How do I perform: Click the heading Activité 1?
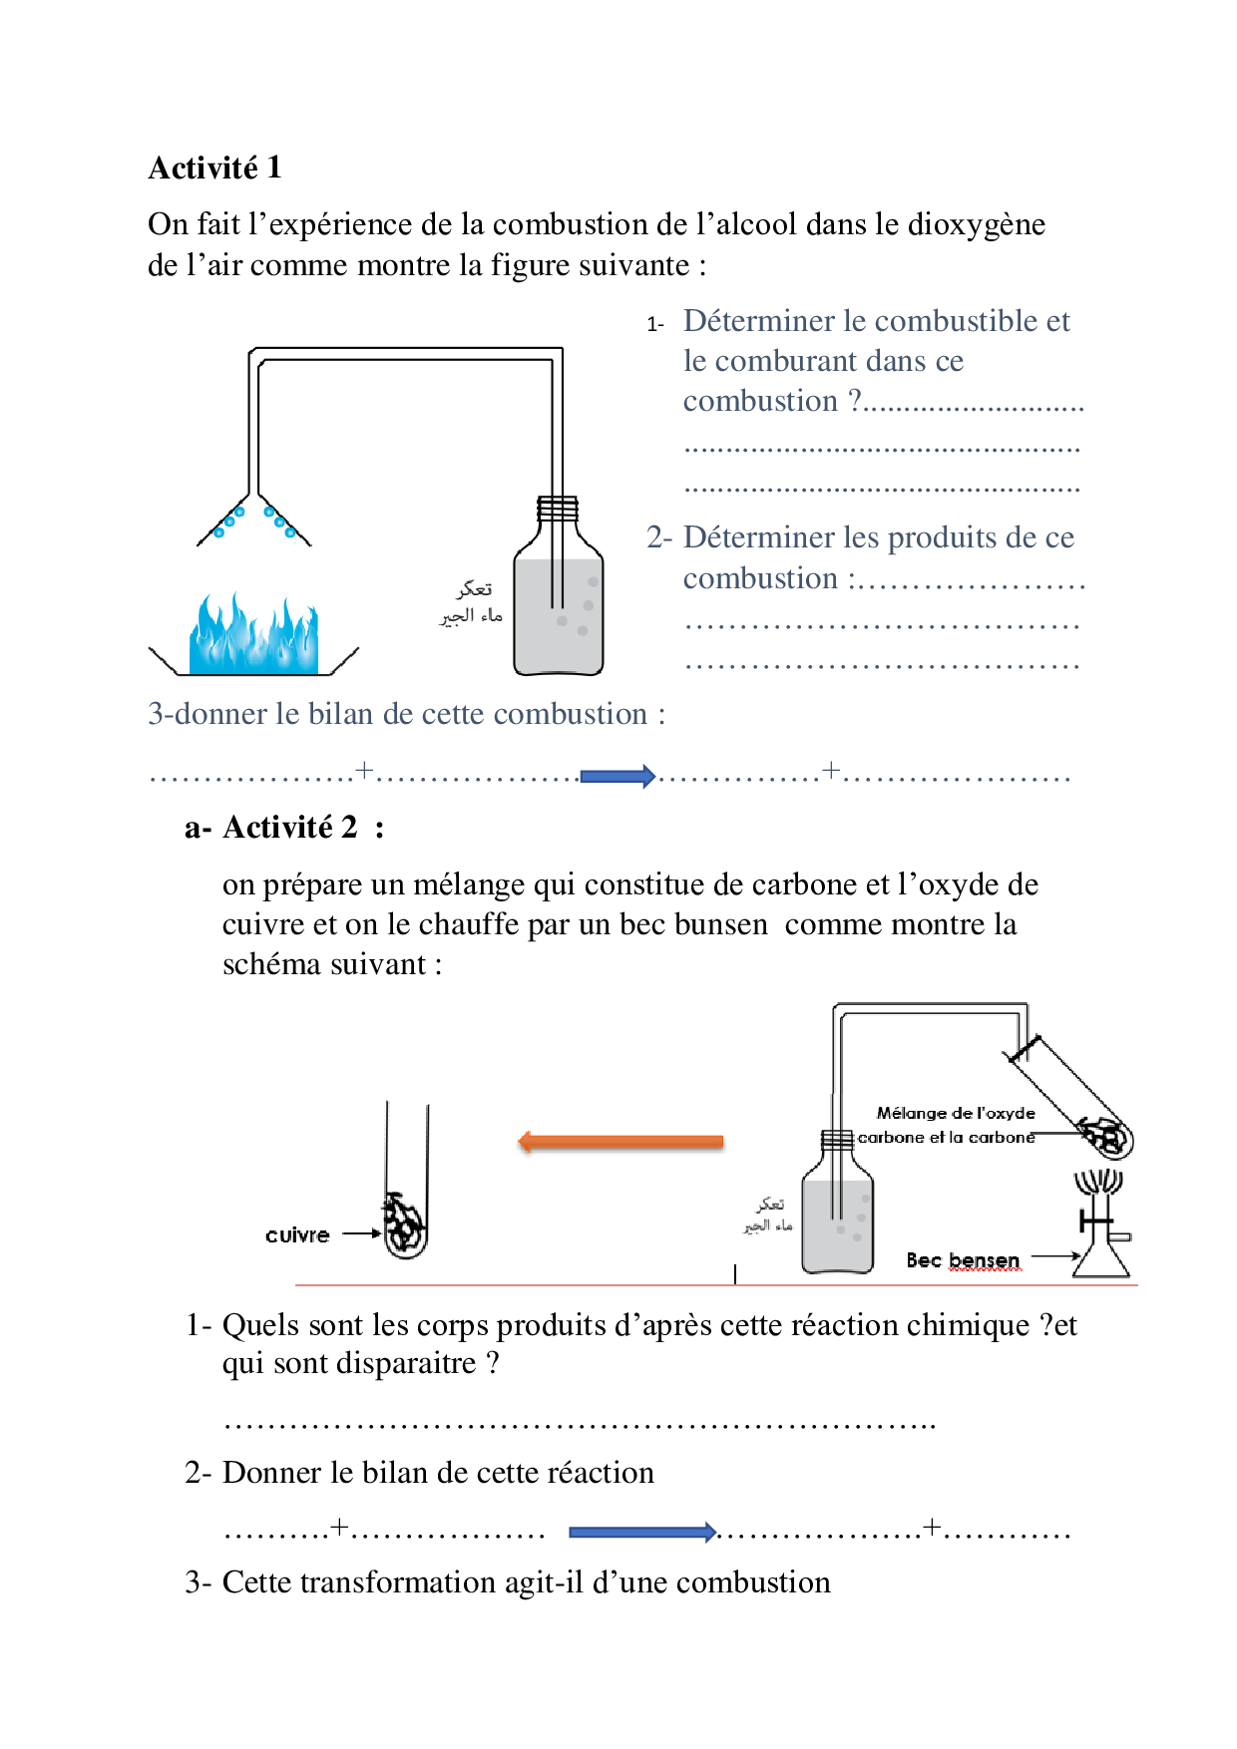tap(214, 168)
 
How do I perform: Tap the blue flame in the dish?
tap(253, 634)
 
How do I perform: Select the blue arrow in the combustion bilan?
tap(618, 776)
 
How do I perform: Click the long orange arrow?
tap(620, 1142)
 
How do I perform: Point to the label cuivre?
tap(297, 1234)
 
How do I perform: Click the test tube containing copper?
tap(407, 1181)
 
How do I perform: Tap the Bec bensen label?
tap(963, 1260)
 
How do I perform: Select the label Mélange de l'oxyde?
tap(956, 1113)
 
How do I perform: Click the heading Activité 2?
tap(289, 827)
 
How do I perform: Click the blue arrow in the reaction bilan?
tap(642, 1532)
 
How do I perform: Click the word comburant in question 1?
tap(787, 361)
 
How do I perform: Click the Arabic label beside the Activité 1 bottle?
tap(472, 602)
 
